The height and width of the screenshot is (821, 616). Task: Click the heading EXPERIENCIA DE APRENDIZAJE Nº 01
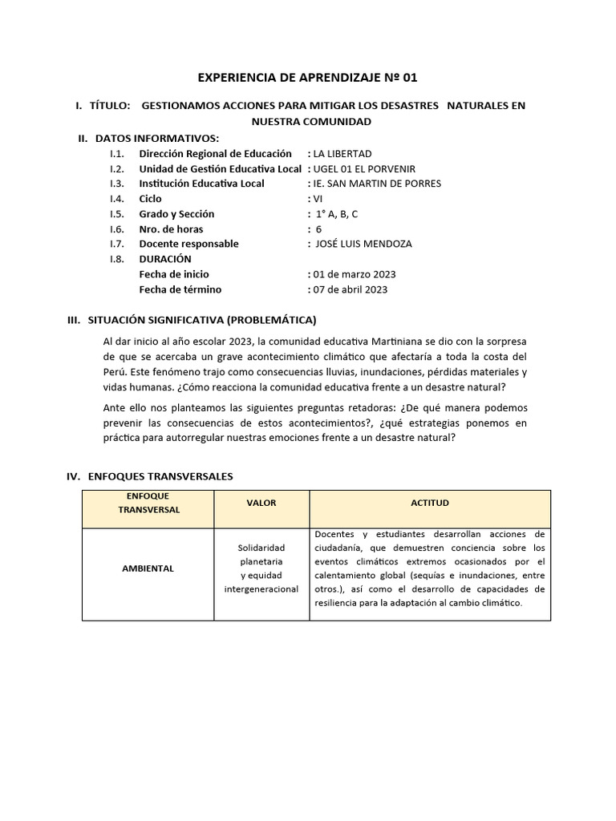[307, 78]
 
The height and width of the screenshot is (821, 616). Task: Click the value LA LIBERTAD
[342, 153]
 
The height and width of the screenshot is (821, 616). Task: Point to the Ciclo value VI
[318, 199]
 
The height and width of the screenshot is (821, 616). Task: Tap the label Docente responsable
[188, 244]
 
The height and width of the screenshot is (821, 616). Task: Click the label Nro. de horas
[172, 229]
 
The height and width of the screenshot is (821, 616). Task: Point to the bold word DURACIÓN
[165, 259]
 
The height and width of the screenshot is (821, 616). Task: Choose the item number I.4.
[117, 199]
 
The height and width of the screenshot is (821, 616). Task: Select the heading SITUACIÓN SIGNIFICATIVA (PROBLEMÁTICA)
[201, 320]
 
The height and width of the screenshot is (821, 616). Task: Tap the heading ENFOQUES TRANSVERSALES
[160, 476]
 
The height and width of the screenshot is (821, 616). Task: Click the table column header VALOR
[261, 503]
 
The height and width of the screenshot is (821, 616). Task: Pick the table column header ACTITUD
[430, 503]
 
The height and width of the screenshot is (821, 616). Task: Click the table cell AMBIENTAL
[148, 568]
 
